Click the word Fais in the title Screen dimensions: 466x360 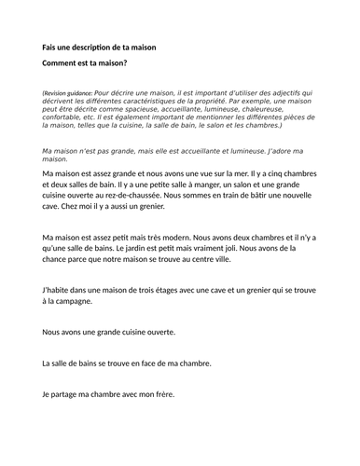tap(51, 48)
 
